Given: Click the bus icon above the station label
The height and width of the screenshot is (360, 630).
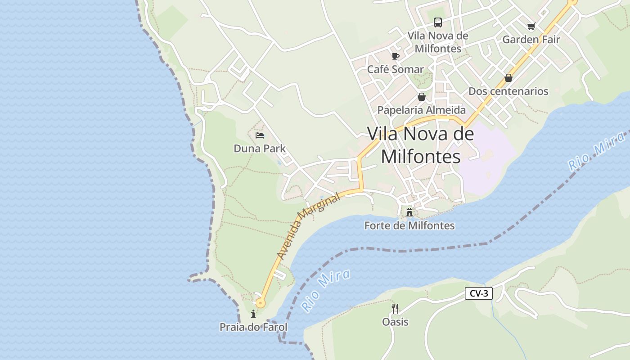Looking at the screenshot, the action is [437, 22].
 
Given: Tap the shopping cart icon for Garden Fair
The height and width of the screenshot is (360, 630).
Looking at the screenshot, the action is [531, 27].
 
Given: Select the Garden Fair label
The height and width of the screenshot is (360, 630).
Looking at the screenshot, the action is [531, 40].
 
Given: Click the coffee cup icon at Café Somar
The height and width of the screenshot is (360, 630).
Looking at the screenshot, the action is [396, 56].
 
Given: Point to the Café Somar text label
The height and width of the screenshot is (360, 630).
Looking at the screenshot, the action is [396, 69].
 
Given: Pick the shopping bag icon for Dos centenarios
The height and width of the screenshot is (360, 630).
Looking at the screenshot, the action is [508, 78].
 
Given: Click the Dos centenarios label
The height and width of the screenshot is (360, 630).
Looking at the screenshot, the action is [508, 91].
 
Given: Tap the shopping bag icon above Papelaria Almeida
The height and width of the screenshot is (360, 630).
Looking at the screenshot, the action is [422, 97].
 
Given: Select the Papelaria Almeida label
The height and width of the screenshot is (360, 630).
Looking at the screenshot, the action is [422, 110].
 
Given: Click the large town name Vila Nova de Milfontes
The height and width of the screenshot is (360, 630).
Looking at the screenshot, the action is [421, 145].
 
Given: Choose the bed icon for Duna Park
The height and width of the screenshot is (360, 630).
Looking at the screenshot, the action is [260, 135].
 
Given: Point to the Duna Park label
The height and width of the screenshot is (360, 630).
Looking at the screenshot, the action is [260, 148].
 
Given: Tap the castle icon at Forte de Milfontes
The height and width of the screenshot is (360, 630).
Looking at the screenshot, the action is [409, 212].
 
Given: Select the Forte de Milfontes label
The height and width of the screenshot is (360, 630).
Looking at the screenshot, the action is [409, 226].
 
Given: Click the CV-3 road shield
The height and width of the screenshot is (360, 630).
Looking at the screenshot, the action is [479, 294].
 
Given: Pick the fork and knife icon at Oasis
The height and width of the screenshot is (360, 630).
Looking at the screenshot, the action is [395, 309].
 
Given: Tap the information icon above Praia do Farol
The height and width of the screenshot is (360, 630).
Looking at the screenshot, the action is [253, 314].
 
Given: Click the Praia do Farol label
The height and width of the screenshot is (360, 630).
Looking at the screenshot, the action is [253, 327].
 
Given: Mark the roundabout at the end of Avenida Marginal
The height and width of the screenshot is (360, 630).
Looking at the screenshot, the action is [260, 303].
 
